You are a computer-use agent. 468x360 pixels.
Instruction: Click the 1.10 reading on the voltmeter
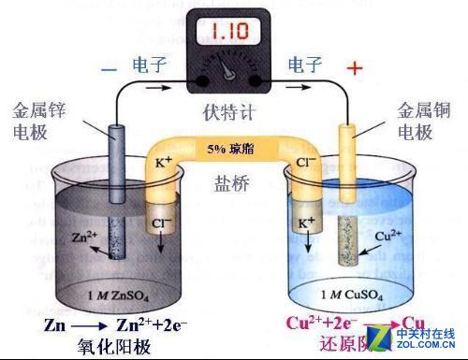pos(228,32)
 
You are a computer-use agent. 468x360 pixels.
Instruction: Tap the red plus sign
pos(354,68)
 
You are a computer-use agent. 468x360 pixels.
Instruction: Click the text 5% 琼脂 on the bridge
pos(227,148)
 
